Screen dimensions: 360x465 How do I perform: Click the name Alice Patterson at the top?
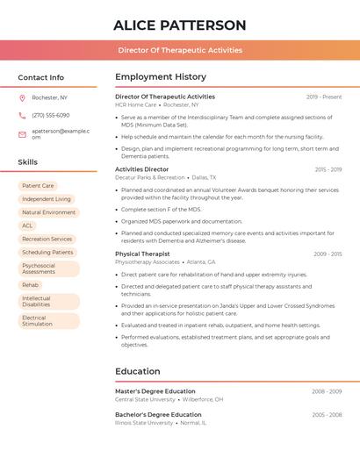click(x=179, y=25)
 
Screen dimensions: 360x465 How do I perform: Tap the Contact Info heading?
click(x=41, y=77)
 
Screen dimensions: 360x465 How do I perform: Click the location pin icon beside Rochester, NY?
click(x=22, y=97)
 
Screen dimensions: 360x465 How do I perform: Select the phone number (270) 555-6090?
click(x=51, y=115)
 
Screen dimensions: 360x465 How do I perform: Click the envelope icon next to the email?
click(x=22, y=134)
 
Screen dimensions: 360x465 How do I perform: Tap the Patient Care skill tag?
click(x=38, y=186)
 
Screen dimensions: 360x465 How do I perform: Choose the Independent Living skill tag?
click(x=47, y=199)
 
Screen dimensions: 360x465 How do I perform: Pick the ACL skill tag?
click(x=27, y=225)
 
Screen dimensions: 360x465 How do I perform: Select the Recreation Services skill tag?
click(x=47, y=239)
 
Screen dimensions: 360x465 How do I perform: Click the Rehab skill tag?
click(x=31, y=285)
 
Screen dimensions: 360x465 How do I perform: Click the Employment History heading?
click(x=161, y=77)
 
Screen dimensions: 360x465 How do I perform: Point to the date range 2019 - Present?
click(x=324, y=97)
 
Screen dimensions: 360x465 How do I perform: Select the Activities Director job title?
click(x=141, y=169)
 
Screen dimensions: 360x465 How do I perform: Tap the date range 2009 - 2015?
click(x=328, y=254)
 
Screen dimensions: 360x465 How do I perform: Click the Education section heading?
click(x=138, y=371)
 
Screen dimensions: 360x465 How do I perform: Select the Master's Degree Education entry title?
click(x=155, y=391)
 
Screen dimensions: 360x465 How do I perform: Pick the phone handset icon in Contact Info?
click(x=22, y=115)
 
